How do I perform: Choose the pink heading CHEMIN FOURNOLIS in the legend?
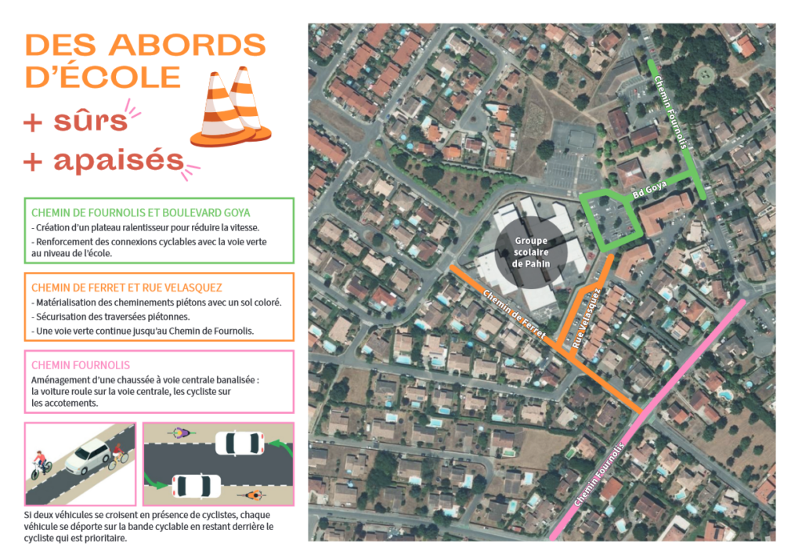tap(81, 365)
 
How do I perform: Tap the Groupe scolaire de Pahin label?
tap(529, 252)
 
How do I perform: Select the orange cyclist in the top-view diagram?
tap(254, 495)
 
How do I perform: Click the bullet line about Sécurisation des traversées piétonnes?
tap(110, 317)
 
